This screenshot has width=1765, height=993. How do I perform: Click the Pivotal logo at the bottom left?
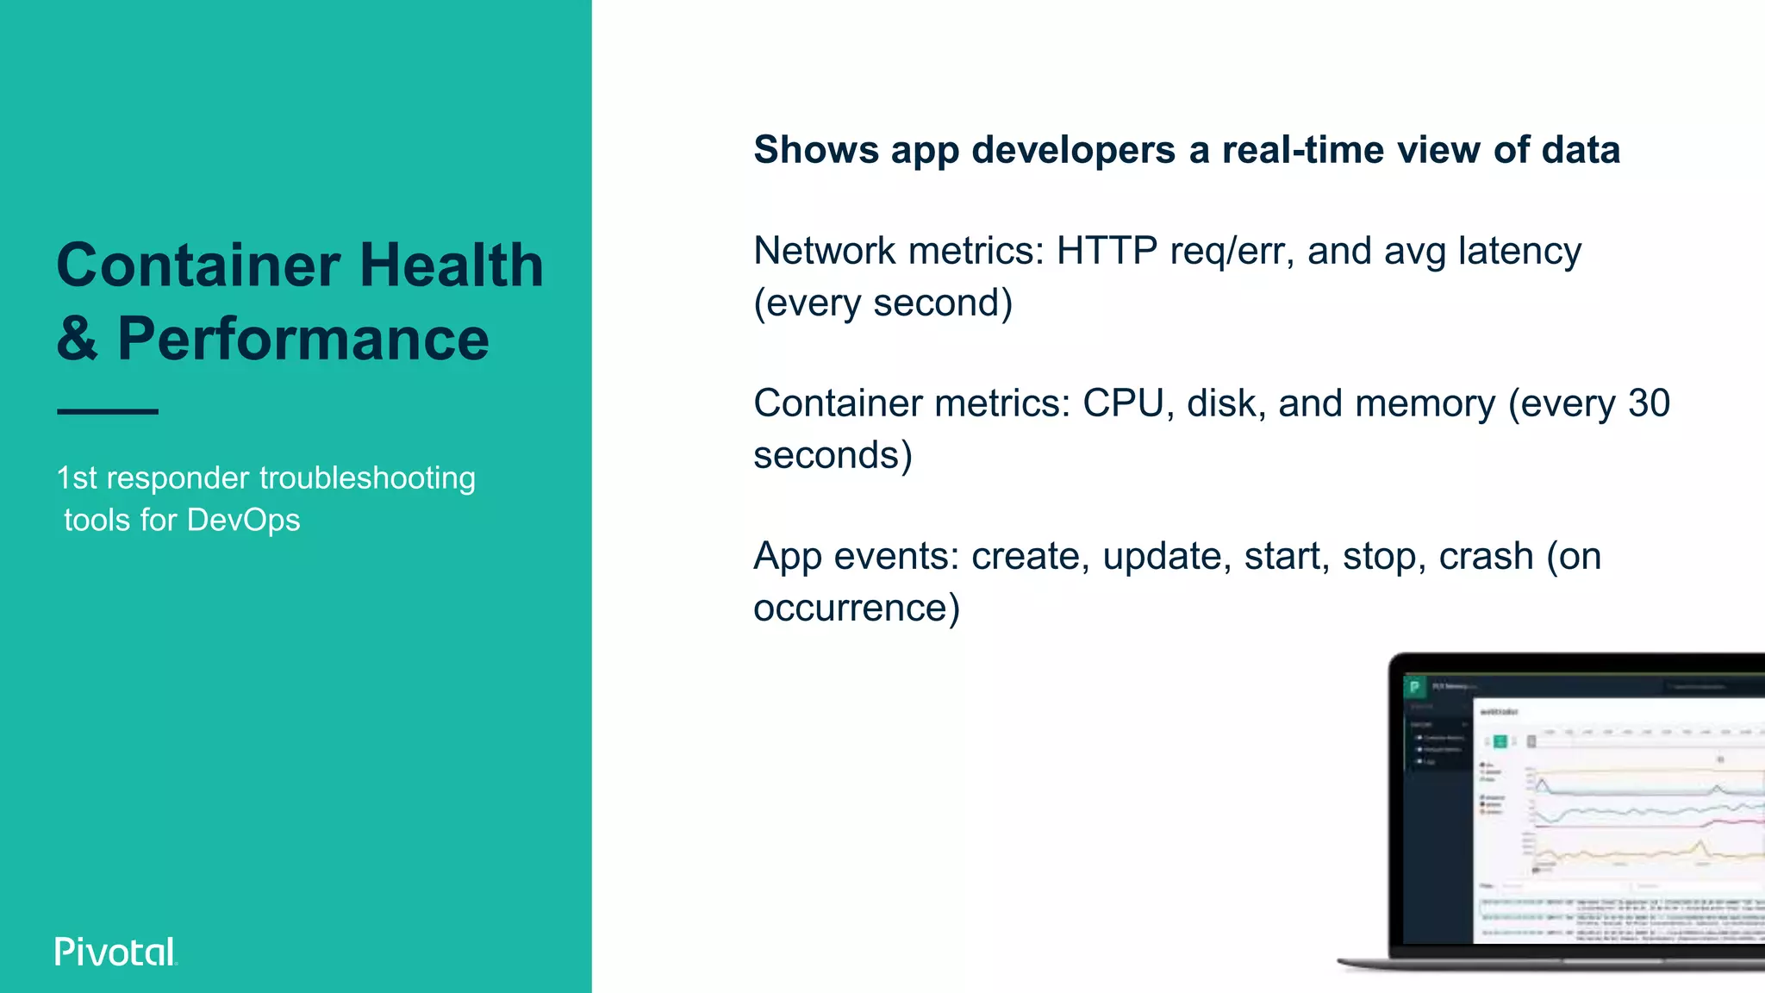pyautogui.click(x=115, y=952)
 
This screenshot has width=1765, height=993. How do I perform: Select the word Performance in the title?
pyautogui.click(x=303, y=339)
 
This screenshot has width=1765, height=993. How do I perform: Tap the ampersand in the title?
pyautogui.click(x=77, y=339)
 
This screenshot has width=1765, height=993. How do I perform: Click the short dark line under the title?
pyautogui.click(x=108, y=412)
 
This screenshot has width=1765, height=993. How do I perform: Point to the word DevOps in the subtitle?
pyautogui.click(x=243, y=521)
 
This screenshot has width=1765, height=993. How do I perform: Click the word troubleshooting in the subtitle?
pyautogui.click(x=367, y=478)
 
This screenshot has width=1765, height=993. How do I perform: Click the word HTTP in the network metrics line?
pyautogui.click(x=1107, y=251)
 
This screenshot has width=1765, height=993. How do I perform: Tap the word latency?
pyautogui.click(x=1519, y=251)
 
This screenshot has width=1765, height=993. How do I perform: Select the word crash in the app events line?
pyautogui.click(x=1486, y=556)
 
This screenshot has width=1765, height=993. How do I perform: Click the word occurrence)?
pyautogui.click(x=856, y=609)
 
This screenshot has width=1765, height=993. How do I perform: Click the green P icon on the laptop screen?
pyautogui.click(x=1414, y=687)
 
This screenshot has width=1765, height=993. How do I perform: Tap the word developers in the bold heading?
pyautogui.click(x=1074, y=150)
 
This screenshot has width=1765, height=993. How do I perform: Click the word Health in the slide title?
pyautogui.click(x=452, y=265)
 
